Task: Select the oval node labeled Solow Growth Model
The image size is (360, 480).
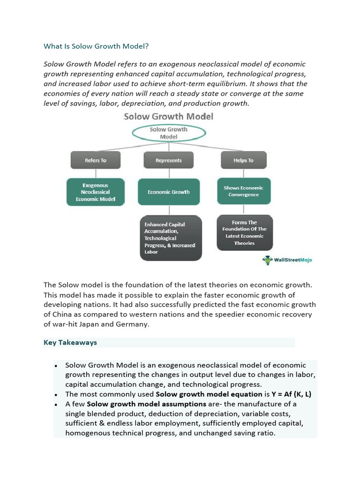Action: [168, 133]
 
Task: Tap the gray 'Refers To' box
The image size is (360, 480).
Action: [96, 160]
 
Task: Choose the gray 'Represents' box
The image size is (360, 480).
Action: [168, 160]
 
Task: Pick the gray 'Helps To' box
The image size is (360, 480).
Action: [243, 160]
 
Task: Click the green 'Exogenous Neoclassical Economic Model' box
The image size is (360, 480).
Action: [96, 192]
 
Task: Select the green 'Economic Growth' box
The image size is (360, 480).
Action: [168, 192]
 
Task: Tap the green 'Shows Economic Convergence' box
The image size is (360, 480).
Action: [243, 191]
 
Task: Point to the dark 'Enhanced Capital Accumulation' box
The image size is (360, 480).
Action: [171, 238]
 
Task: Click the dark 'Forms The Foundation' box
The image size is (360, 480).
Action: [244, 233]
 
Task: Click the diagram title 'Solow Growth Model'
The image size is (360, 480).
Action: [168, 116]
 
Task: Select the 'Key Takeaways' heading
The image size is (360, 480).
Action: [70, 343]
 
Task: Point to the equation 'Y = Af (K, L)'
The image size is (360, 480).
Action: [287, 394]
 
